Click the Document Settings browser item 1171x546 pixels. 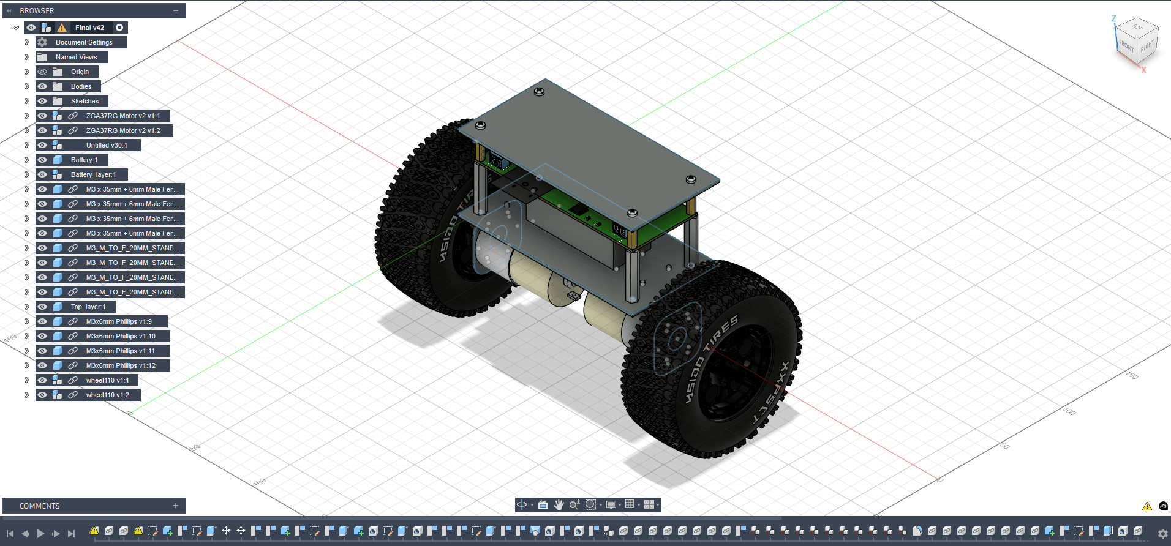[x=83, y=42]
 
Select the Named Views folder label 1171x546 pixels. [x=76, y=57]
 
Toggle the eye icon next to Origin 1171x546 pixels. [x=42, y=72]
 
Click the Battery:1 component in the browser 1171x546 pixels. [x=84, y=160]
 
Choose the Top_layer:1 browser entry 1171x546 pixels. [x=88, y=307]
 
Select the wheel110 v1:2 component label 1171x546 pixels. [x=107, y=395]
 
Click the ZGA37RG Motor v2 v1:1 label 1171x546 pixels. [x=122, y=116]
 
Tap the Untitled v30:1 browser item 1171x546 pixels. [x=107, y=145]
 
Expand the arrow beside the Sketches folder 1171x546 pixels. [x=27, y=101]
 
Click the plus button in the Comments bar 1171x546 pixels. [x=176, y=506]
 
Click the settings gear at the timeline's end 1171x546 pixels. [x=1162, y=534]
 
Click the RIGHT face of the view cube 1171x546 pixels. [x=1147, y=46]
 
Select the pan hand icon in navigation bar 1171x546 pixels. [x=559, y=504]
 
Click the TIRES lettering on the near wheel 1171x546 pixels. [x=723, y=334]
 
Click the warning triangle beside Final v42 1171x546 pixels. [x=62, y=28]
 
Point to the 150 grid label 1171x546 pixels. [x=1132, y=375]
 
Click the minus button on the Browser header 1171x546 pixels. [x=176, y=10]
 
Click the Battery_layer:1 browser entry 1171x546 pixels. [x=93, y=174]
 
